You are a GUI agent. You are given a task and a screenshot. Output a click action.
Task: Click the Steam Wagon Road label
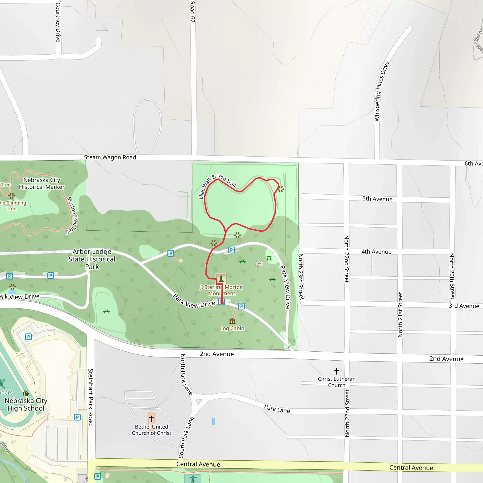tap(110, 157)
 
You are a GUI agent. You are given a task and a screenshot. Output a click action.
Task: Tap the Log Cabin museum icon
tap(232, 321)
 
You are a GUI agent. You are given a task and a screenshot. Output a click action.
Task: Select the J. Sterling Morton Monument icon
tap(221, 279)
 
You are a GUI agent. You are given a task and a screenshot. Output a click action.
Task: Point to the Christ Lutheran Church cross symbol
tap(337, 371)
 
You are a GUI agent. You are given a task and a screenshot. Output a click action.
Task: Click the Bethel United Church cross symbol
tap(151, 418)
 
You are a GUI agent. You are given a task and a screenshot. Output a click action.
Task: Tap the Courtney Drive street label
tap(58, 22)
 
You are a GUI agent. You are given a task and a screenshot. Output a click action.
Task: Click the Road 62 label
tap(192, 12)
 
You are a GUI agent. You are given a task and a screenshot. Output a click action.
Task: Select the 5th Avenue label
tap(377, 199)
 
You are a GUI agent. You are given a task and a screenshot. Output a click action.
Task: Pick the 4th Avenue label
tap(376, 252)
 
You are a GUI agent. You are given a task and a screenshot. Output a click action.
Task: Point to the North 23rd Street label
tap(301, 277)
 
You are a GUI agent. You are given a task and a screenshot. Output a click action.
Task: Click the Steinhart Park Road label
tap(91, 397)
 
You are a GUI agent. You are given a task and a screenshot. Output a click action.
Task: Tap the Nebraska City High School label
tap(26, 404)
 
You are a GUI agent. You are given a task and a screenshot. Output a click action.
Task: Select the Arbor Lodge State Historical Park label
tap(92, 259)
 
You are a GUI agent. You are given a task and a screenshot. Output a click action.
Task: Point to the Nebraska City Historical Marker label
tap(42, 183)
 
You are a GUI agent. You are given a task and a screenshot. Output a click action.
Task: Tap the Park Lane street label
tap(277, 409)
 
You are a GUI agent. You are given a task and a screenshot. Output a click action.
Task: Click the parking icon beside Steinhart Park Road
tap(78, 417)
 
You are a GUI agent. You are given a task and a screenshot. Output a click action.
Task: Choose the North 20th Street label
tap(452, 276)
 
